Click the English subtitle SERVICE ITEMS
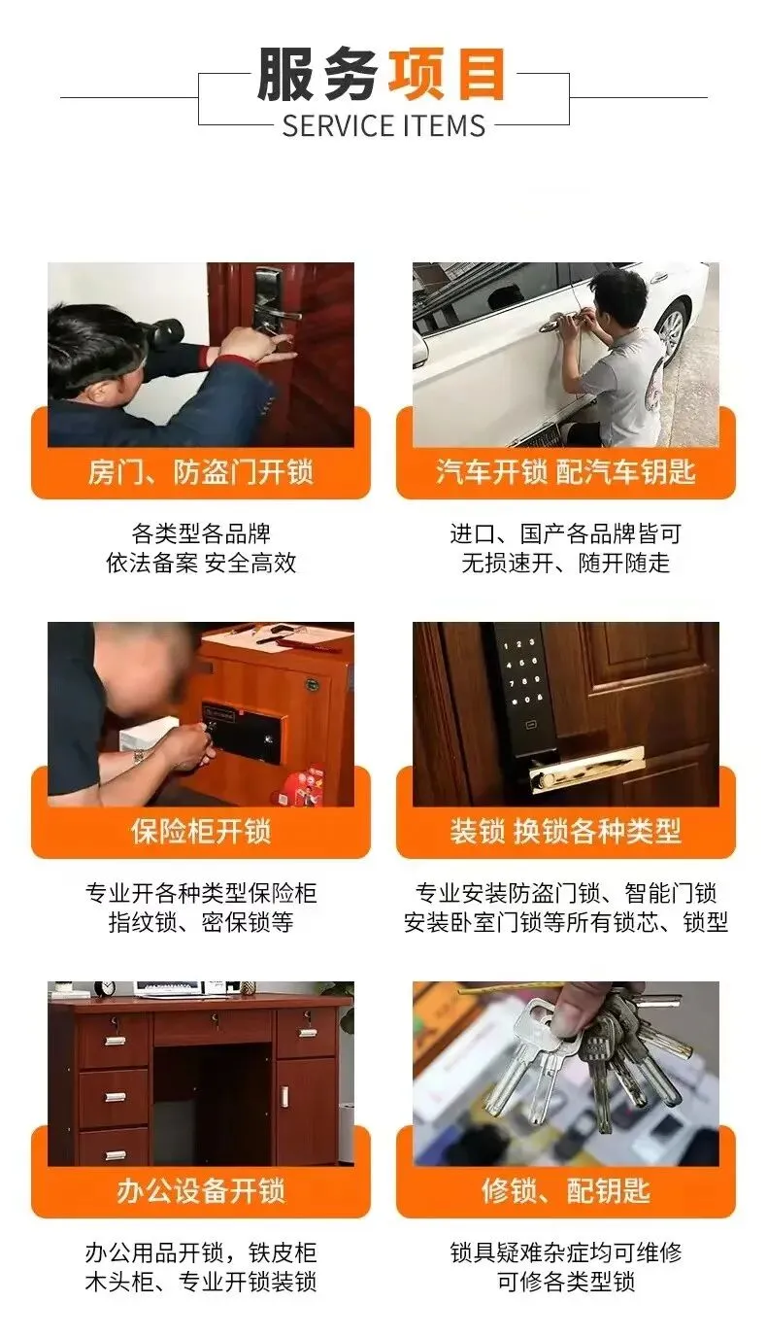(383, 125)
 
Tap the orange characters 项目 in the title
(447, 74)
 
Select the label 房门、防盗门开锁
(201, 472)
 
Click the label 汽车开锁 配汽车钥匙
(565, 471)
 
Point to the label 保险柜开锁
(201, 832)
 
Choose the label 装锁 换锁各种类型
(565, 831)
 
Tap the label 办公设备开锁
(201, 1191)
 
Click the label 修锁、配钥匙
(565, 1190)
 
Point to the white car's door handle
(553, 323)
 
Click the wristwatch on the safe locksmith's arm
(139, 757)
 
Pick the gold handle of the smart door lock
(587, 770)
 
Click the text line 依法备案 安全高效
(201, 563)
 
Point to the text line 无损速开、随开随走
(565, 563)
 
